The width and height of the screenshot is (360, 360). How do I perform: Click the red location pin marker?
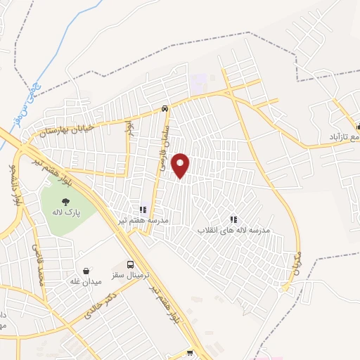click(x=181, y=165)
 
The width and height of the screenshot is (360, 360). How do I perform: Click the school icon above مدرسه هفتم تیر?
click(x=143, y=210)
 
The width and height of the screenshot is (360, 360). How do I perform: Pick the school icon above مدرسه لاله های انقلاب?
click(x=233, y=219)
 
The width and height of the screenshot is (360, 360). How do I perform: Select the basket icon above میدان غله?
click(x=86, y=271)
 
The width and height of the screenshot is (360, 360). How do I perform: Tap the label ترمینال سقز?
click(x=129, y=275)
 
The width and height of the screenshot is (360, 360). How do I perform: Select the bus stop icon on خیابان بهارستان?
click(x=164, y=109)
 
